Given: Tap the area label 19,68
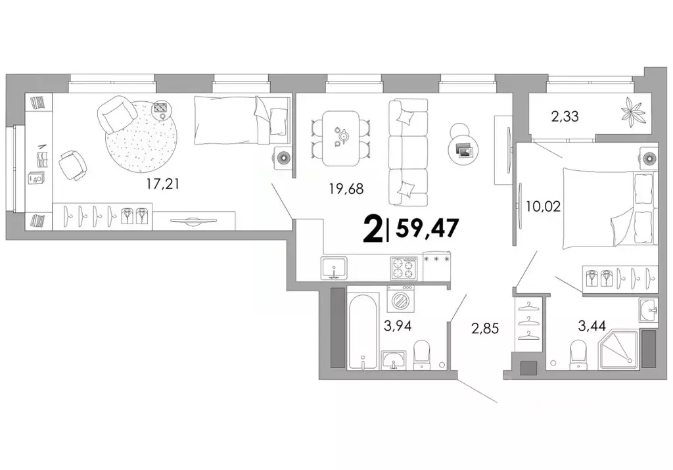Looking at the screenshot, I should point(346,189).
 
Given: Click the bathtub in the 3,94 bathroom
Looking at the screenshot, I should point(363,332).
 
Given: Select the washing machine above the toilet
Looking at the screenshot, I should point(400,301).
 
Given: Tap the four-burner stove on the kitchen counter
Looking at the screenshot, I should point(404,268).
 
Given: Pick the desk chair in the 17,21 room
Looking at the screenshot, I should point(71,164).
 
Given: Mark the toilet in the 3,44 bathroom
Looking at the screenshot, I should point(579,354).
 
